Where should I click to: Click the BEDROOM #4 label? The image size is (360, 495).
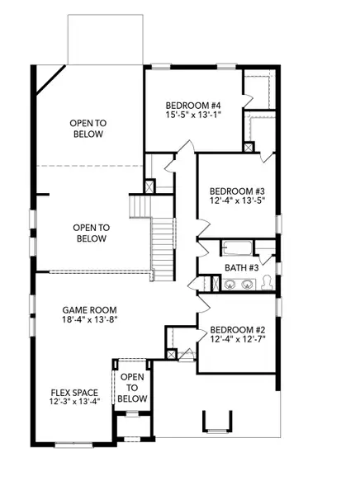193,105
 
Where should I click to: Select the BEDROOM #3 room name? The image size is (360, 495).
236,189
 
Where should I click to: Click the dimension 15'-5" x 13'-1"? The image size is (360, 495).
193,116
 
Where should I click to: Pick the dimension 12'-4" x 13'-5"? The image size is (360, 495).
236,200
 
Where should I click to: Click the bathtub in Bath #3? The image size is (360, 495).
236,247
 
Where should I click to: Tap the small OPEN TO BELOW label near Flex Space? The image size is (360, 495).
133,388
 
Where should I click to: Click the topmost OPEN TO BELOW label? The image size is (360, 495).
86,128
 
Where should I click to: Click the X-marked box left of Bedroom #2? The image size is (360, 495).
171,355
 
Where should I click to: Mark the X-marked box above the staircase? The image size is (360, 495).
149,186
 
